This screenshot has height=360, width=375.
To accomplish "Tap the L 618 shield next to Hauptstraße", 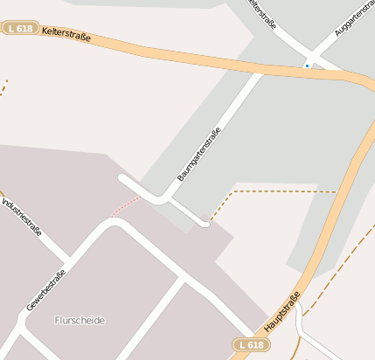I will pyautogui.click(x=251, y=345).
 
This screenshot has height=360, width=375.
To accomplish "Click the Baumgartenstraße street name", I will pyautogui.click(x=199, y=154).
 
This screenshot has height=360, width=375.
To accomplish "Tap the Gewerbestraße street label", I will pyautogui.click(x=45, y=290).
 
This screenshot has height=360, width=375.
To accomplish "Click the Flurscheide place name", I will pyautogui.click(x=79, y=321).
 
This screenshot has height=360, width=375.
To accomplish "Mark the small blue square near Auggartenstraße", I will pyautogui.click(x=307, y=65).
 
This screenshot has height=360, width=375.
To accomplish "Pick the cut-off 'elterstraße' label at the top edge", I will pyautogui.click(x=263, y=14).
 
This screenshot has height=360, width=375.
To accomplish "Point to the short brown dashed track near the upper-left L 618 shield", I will pyautogui.click(x=3, y=87).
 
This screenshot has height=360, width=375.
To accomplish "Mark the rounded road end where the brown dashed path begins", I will pyautogui.click(x=205, y=224).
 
